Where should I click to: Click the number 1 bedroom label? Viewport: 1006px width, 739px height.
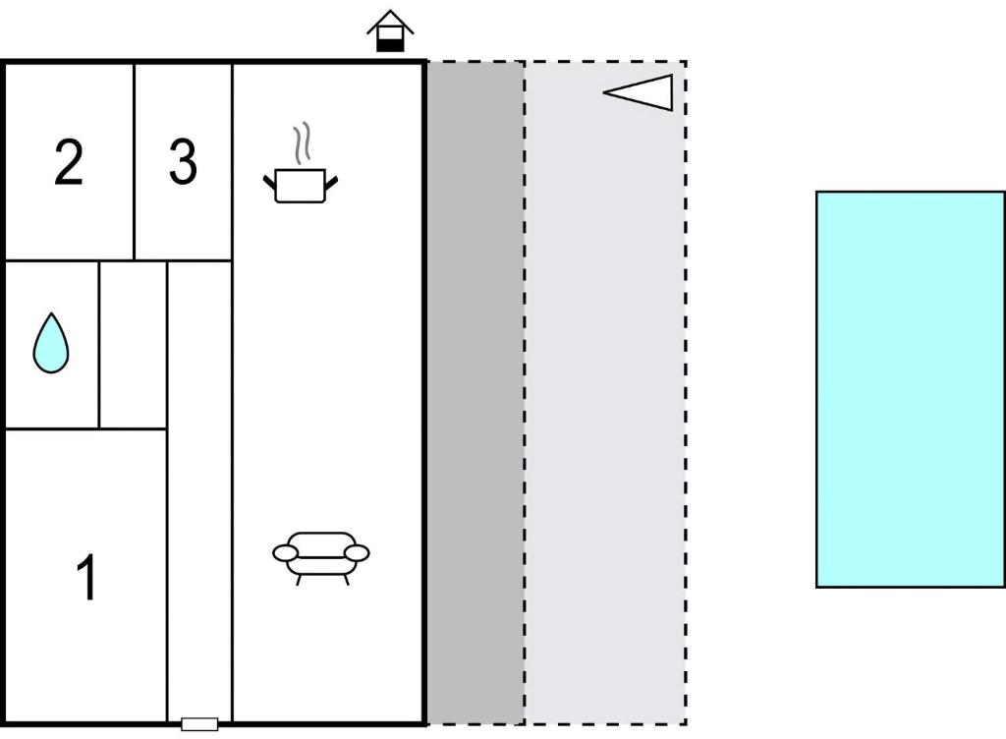(x=86, y=578)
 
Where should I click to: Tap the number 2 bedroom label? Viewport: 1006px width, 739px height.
(x=70, y=162)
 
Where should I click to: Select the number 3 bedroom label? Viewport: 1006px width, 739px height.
(x=183, y=162)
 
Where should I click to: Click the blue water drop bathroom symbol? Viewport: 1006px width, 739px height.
(x=51, y=343)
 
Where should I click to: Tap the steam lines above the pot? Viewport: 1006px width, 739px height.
(x=302, y=142)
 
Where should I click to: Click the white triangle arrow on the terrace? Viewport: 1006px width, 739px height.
(x=639, y=92)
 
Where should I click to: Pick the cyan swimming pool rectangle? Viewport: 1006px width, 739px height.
(x=911, y=389)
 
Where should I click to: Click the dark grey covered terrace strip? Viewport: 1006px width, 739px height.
(x=475, y=393)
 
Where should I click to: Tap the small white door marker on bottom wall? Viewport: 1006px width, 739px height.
(x=199, y=724)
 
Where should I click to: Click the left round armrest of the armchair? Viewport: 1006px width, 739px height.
(x=286, y=553)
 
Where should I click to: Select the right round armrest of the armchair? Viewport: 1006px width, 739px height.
(x=357, y=553)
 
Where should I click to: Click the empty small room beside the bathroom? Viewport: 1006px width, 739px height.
(x=134, y=345)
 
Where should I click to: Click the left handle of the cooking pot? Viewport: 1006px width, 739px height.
(x=270, y=182)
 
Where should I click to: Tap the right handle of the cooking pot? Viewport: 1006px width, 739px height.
(x=331, y=182)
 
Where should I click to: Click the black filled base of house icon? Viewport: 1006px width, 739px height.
(x=390, y=45)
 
